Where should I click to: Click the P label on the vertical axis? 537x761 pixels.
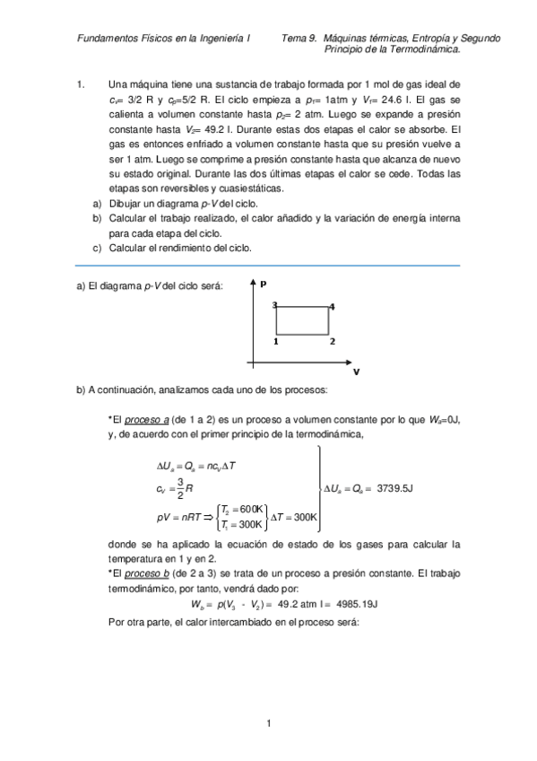[264, 284]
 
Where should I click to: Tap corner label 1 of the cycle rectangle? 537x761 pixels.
[275, 342]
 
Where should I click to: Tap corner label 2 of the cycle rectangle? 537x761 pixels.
[332, 342]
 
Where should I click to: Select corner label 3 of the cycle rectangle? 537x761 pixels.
[274, 306]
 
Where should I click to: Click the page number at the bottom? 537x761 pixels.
[268, 723]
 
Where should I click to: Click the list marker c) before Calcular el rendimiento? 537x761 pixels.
[97, 248]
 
